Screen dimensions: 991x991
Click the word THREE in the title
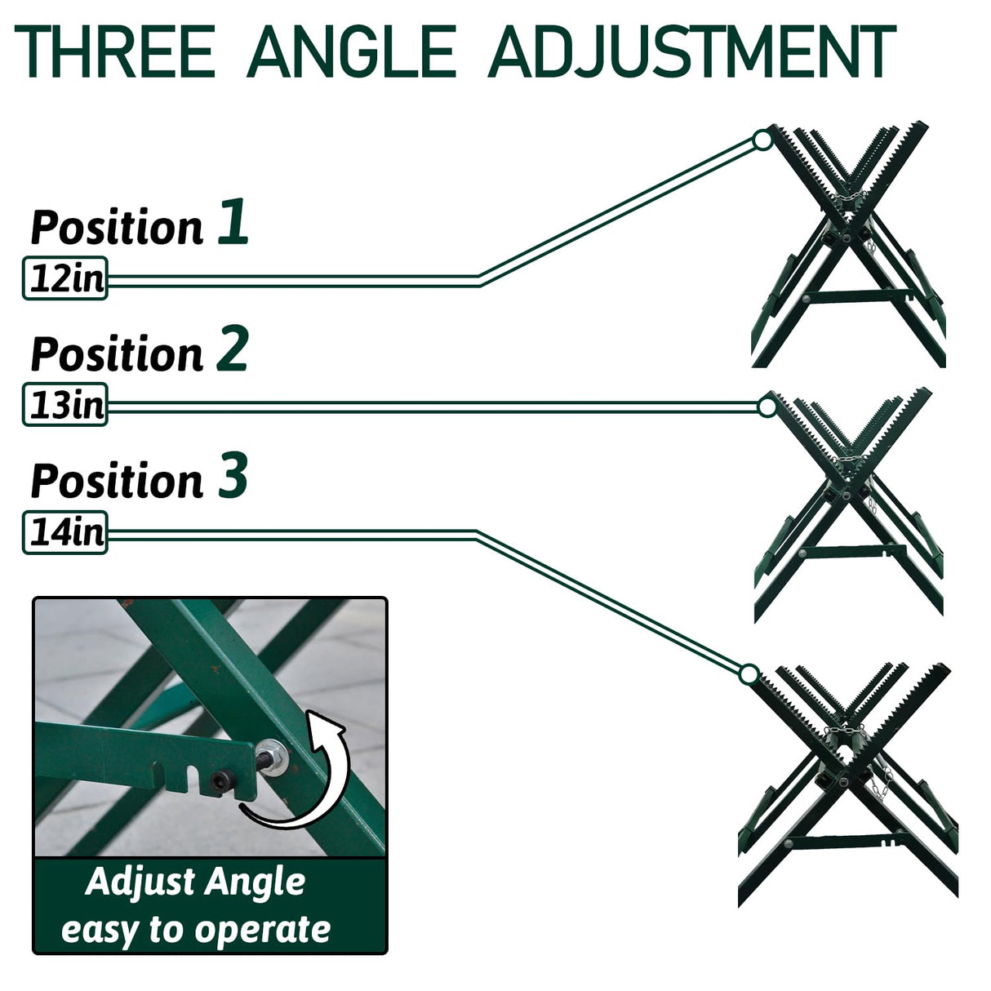tap(114, 51)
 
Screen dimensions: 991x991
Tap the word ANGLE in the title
tap(351, 51)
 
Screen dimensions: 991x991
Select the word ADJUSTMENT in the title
tap(692, 51)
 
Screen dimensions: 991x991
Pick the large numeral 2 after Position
tap(233, 349)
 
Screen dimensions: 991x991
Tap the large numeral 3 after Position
tap(233, 475)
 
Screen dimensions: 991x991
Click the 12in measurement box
tap(65, 278)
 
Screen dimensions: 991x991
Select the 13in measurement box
tap(65, 405)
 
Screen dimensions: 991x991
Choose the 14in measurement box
tap(65, 532)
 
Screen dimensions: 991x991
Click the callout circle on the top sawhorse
tap(763, 140)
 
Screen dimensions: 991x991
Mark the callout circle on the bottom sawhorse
tap(749, 674)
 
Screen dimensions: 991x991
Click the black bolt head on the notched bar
tap(223, 782)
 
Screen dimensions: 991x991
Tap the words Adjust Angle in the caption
tap(196, 882)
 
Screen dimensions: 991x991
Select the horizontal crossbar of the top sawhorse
tap(857, 297)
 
